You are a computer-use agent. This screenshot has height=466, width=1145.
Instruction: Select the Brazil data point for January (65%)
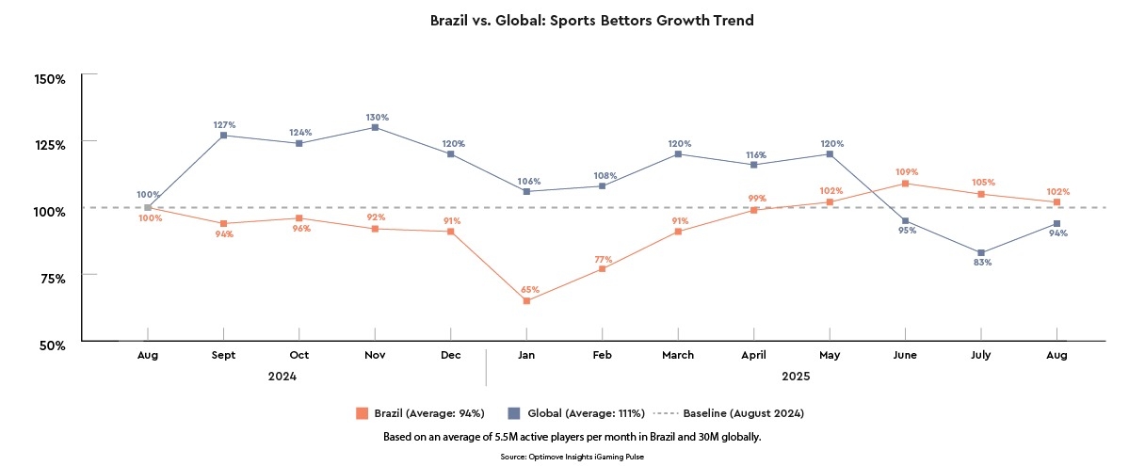(526, 300)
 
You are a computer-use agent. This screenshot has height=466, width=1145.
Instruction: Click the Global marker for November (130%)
(375, 127)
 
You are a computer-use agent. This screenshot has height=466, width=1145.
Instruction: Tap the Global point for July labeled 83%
(981, 252)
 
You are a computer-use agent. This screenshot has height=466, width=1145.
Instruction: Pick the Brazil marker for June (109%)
(906, 184)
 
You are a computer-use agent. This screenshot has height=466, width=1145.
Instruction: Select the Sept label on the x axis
(223, 355)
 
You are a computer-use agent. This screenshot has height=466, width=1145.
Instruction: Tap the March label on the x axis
(678, 355)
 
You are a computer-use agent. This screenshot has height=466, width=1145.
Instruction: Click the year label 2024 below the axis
(282, 377)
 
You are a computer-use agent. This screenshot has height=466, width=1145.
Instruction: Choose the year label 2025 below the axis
(796, 377)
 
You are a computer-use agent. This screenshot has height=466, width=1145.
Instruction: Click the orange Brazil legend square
(361, 412)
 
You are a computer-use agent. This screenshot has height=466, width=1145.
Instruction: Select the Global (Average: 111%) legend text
(585, 413)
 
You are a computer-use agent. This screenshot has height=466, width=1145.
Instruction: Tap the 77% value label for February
(603, 259)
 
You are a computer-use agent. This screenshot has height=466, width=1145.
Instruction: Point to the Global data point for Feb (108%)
(602, 185)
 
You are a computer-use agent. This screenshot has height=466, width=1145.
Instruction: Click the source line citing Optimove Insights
(572, 456)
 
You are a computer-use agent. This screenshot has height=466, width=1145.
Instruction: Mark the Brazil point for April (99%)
(753, 210)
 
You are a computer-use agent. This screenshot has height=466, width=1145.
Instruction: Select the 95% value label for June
(906, 233)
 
